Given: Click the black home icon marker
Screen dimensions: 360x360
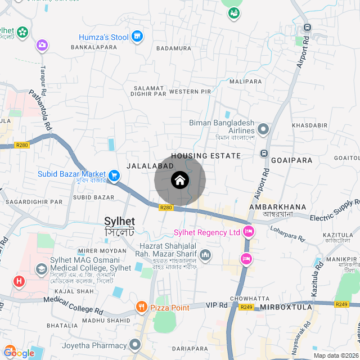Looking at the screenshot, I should (x=180, y=181).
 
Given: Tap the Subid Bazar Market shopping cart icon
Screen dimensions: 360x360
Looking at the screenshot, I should (x=114, y=176).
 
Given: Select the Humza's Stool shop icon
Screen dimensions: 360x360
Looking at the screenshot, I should (x=137, y=37).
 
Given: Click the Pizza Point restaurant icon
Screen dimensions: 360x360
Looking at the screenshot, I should (x=141, y=307).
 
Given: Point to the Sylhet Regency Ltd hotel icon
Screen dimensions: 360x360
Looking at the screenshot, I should (x=249, y=232).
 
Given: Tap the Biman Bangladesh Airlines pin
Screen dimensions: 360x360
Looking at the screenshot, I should (x=263, y=129).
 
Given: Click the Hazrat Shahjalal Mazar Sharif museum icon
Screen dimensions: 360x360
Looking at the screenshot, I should (x=205, y=256).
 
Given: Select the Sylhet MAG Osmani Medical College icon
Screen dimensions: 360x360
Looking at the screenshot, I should (x=41, y=269).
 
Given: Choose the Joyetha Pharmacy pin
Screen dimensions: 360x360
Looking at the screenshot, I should (x=134, y=343).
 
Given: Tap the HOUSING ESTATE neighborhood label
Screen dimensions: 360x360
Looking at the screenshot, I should (x=206, y=156).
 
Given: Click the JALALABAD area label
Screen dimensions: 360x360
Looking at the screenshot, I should (x=150, y=166).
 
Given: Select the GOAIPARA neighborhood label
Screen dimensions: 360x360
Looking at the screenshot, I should (x=291, y=160).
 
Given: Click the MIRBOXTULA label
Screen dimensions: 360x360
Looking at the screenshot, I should (x=287, y=308).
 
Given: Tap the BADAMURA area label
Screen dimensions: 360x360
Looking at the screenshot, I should (x=174, y=48).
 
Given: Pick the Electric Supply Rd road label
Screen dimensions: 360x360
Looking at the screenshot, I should (x=335, y=213).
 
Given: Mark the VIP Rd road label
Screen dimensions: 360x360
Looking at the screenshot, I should (x=215, y=305).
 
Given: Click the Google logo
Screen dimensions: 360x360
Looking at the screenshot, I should (x=19, y=353).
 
